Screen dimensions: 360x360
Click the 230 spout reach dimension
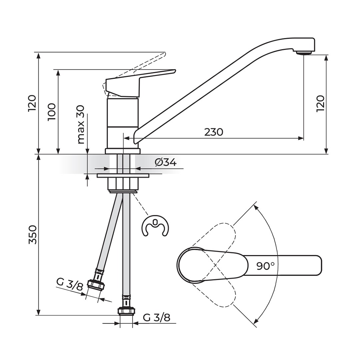(x=214, y=132)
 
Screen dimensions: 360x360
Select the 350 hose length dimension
(x=32, y=235)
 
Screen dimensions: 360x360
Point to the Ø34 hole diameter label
(x=166, y=163)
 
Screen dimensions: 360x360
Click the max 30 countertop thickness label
(x=81, y=125)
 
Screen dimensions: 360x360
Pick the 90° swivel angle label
(x=265, y=266)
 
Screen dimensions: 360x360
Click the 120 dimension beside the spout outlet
(x=321, y=104)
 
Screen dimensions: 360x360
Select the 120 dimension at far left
(x=32, y=103)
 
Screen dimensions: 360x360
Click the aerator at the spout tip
(x=304, y=53)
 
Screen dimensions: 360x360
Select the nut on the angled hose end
(x=96, y=286)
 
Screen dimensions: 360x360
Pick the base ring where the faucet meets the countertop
(x=122, y=151)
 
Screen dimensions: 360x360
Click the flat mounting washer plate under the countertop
(x=123, y=175)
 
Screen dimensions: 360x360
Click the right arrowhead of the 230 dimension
(x=301, y=138)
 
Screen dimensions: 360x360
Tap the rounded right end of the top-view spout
(x=319, y=265)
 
